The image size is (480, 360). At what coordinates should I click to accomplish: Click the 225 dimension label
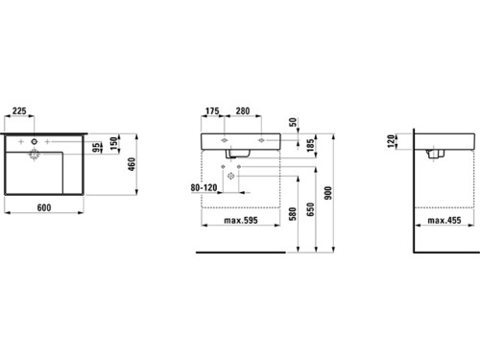point(19,111)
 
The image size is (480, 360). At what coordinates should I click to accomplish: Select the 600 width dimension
point(44,207)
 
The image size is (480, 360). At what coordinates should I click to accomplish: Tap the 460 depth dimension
point(132,164)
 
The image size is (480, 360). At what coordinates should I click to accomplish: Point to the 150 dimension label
point(114,143)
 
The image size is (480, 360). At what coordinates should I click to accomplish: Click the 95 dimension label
point(96,148)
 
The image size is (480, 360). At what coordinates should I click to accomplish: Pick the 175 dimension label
point(212,111)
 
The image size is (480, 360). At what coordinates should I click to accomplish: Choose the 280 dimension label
point(243,111)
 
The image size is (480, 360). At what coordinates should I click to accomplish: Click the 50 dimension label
point(293,122)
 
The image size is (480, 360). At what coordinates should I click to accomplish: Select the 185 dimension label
point(310,146)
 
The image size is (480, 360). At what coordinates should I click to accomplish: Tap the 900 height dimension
point(328,193)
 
